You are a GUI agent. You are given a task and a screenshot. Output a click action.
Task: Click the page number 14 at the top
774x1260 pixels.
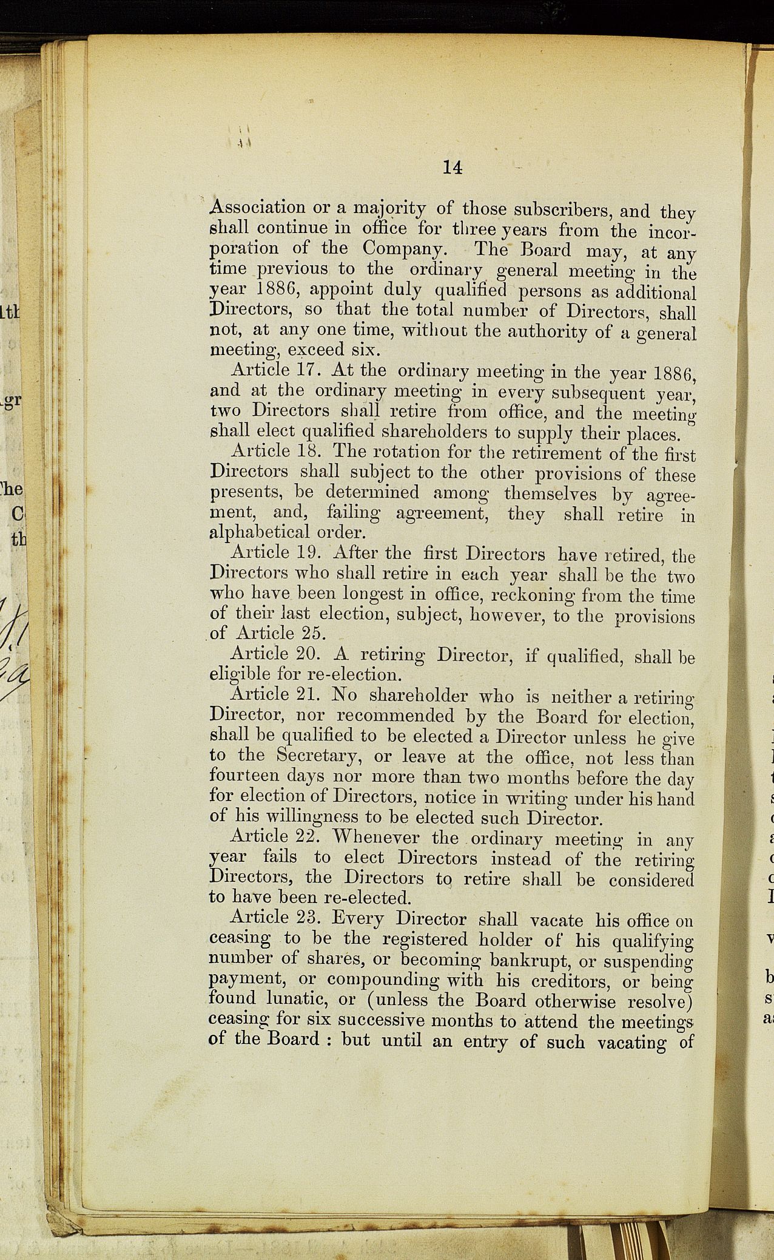[x=453, y=167]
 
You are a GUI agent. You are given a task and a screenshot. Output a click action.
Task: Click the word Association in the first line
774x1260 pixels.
[x=257, y=207]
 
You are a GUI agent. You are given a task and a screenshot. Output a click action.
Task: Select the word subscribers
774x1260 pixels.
[x=562, y=210]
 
